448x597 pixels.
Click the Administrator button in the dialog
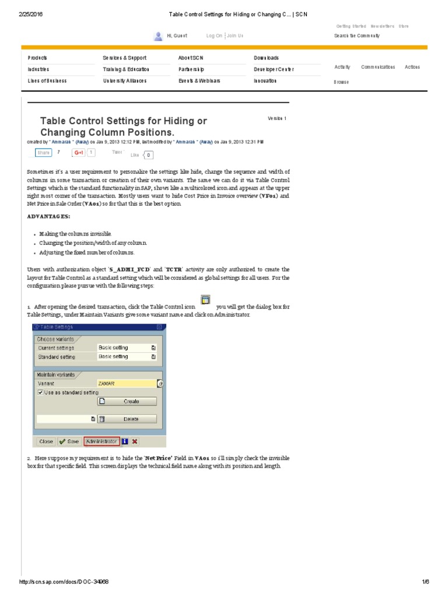[102, 441]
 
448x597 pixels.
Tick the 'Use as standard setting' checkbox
[40, 392]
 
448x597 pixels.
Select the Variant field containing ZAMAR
[127, 383]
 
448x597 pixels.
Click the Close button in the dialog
[46, 441]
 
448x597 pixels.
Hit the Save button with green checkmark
[69, 441]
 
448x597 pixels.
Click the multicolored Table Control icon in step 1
[205, 300]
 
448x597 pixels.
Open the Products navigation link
[37, 58]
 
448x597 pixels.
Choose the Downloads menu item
[266, 58]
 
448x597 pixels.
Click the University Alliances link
[124, 81]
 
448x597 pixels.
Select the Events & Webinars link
[199, 81]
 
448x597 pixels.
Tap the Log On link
[214, 36]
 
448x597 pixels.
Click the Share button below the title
[43, 153]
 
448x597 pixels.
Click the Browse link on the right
[341, 82]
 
